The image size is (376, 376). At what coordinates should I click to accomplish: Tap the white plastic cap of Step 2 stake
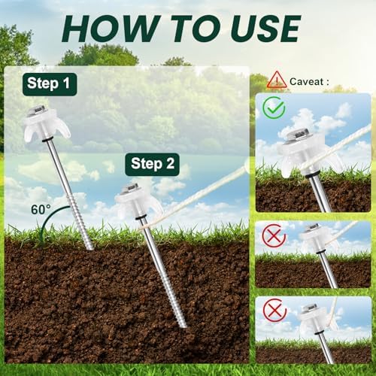pyautogui.click(x=135, y=201)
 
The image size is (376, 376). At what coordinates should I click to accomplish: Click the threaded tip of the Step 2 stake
pyautogui.click(x=175, y=308)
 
